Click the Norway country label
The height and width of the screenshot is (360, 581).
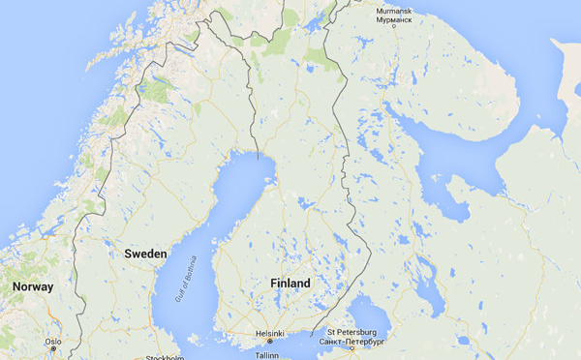(x=32, y=287)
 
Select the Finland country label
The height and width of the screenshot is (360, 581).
(x=290, y=284)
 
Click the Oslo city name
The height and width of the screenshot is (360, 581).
(x=53, y=342)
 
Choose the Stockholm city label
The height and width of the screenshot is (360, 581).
(x=164, y=357)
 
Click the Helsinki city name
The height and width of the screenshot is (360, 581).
(x=269, y=333)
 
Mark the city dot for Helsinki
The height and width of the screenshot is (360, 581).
(x=270, y=342)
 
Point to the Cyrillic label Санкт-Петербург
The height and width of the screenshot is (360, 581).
(x=352, y=341)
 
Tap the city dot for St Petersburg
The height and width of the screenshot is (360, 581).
(x=352, y=348)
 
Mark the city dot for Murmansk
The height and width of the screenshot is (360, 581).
(x=395, y=25)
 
